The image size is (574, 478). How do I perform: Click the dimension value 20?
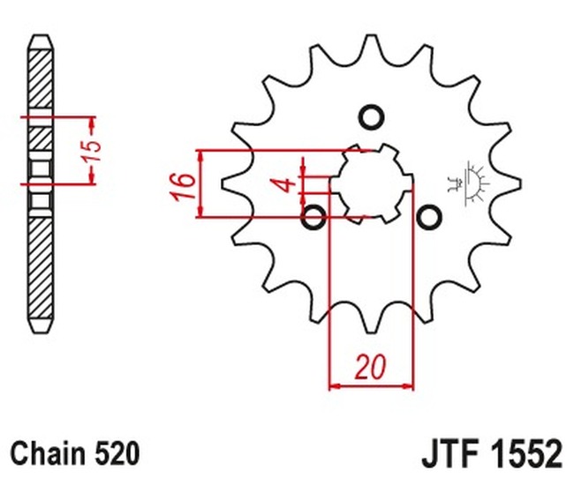pos(371,366)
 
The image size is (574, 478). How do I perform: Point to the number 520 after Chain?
pos(115,453)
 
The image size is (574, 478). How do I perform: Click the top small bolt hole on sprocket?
pos(371,117)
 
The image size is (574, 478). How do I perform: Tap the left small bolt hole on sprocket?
pos(313,217)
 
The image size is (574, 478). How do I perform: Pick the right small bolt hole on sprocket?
pos(428,217)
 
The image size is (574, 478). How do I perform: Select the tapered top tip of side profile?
pos(41,42)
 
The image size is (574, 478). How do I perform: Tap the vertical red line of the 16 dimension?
pos(203,183)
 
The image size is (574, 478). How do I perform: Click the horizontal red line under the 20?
pos(371,385)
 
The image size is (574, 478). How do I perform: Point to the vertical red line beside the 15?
pos(90,150)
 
